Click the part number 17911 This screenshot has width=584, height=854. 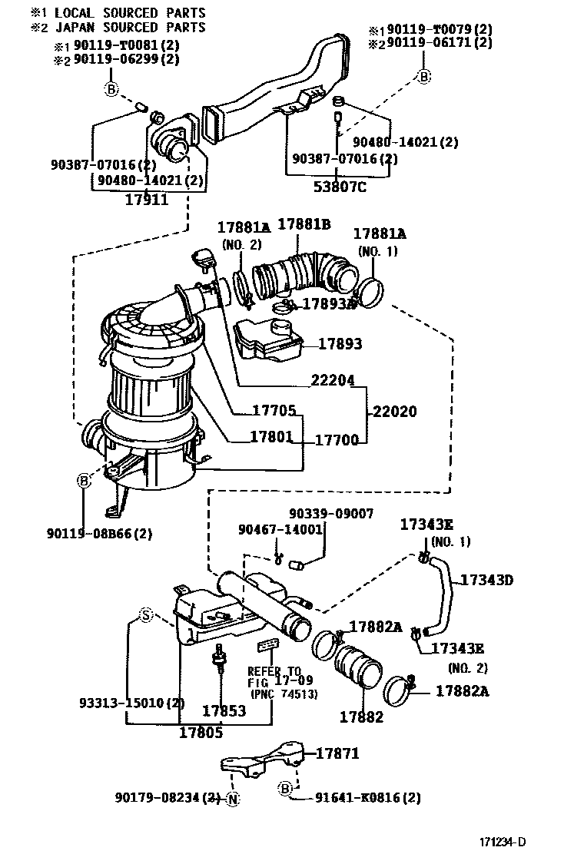tap(146, 199)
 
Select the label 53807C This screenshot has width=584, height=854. tap(338, 186)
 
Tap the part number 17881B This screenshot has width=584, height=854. tap(304, 224)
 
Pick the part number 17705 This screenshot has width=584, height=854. tap(274, 410)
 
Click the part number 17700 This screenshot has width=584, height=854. tap(337, 440)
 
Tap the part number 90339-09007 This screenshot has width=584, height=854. tap(331, 513)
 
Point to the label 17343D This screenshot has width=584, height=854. tap(486, 579)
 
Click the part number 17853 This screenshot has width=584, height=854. tap(224, 711)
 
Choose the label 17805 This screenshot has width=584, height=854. tap(201, 733)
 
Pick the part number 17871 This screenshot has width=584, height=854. tap(337, 753)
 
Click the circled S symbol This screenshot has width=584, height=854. tap(145, 614)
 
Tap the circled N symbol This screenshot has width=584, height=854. tap(234, 799)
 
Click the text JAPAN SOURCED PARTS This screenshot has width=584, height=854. tap(128, 28)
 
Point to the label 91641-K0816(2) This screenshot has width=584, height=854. tap(367, 797)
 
